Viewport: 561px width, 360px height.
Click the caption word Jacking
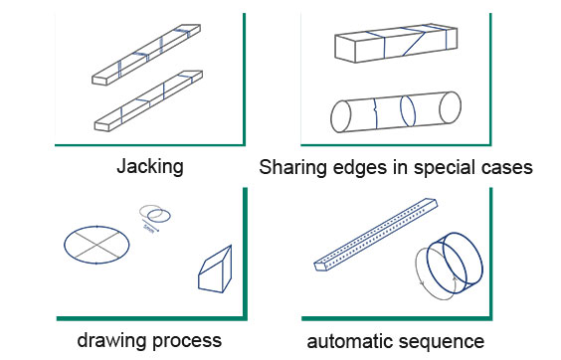pyautogui.click(x=150, y=167)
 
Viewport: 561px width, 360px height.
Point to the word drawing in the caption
pyautogui.click(x=111, y=340)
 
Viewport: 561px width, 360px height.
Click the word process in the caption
pyautogui.click(x=186, y=342)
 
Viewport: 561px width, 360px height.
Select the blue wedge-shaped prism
pyautogui.click(x=215, y=270)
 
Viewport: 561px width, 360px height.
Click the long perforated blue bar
pyautogui.click(x=376, y=235)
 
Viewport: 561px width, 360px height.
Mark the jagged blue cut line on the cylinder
pyautogui.click(x=375, y=112)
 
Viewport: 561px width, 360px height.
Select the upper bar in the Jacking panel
pyautogui.click(x=146, y=55)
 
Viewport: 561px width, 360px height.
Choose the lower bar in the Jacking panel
pyautogui.click(x=148, y=100)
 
